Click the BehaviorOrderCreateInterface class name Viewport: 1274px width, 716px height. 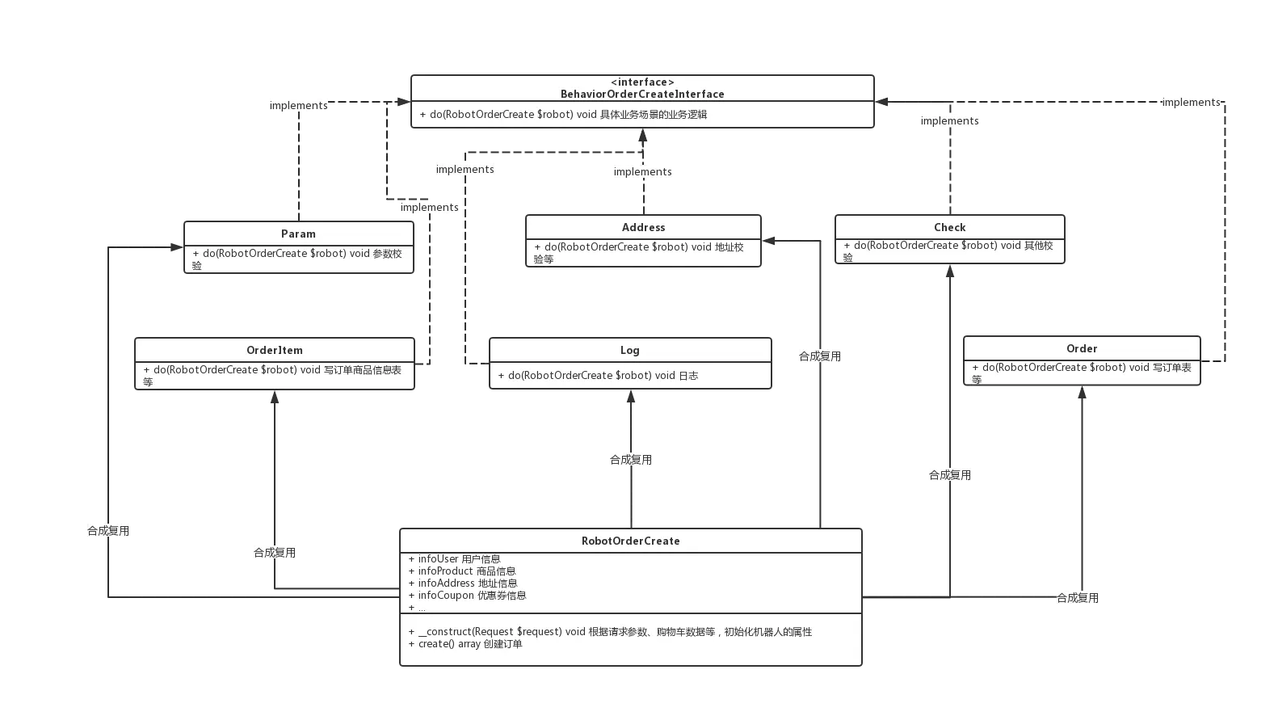click(642, 94)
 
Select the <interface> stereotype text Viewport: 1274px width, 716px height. click(642, 82)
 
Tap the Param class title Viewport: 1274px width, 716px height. click(298, 234)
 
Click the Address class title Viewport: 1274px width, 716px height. click(643, 227)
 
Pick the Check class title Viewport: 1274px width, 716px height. click(949, 227)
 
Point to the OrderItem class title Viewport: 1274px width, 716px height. click(275, 350)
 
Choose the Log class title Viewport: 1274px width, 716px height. click(629, 350)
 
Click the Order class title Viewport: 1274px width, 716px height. click(1082, 348)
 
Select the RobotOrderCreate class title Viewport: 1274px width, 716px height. click(630, 541)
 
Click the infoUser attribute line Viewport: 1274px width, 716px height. click(455, 558)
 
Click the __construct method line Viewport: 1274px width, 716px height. click(610, 631)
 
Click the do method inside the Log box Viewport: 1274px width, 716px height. click(598, 375)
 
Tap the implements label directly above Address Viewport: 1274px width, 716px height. click(642, 171)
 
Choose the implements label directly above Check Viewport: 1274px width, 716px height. click(949, 121)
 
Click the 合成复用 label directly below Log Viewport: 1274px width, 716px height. click(630, 459)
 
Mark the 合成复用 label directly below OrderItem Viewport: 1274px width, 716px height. click(275, 553)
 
